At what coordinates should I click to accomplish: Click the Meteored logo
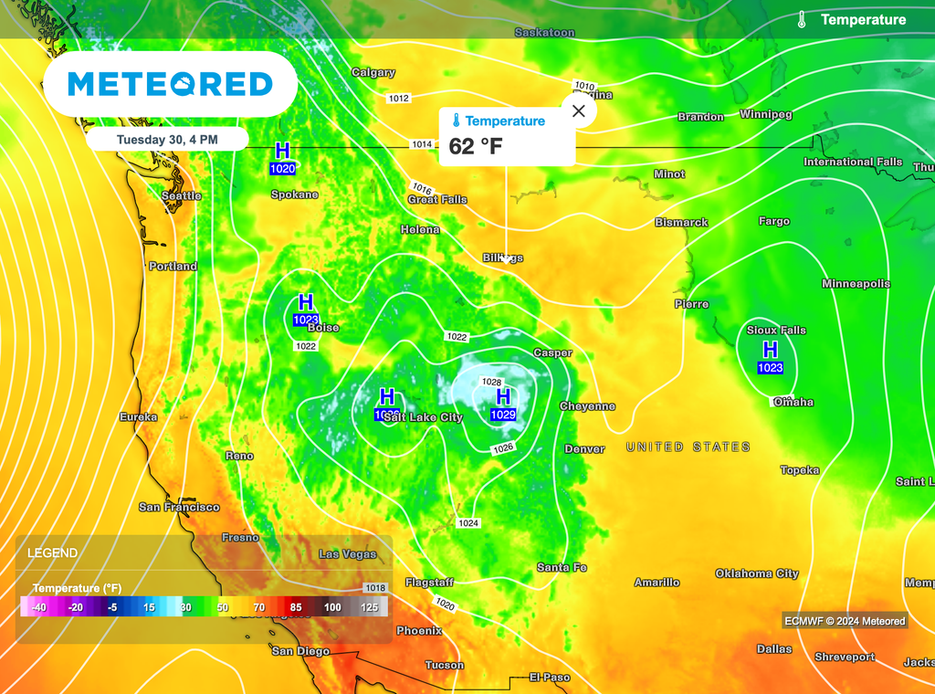(x=170, y=84)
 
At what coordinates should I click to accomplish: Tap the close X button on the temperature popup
(x=578, y=111)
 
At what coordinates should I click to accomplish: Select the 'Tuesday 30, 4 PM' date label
(x=167, y=140)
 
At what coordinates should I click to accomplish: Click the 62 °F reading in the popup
(x=475, y=146)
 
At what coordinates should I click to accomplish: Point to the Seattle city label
(x=181, y=196)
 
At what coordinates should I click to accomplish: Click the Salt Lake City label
(x=423, y=417)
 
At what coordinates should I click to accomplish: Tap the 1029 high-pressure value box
(x=503, y=415)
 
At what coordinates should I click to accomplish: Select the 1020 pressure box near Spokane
(x=282, y=169)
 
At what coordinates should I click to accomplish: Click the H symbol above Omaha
(x=770, y=350)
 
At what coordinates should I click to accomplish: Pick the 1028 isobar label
(x=492, y=382)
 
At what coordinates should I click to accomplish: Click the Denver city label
(x=584, y=449)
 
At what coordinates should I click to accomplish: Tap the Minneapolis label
(x=856, y=284)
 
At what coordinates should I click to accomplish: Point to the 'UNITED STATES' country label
(x=688, y=447)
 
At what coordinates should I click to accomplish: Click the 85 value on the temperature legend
(x=295, y=607)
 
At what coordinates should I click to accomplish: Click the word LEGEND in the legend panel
(x=52, y=553)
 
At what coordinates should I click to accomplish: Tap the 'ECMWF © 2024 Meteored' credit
(x=845, y=622)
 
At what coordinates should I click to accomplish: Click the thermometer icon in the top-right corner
(x=802, y=19)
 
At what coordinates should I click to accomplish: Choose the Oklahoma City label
(x=757, y=573)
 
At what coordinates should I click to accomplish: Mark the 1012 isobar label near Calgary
(x=398, y=98)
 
